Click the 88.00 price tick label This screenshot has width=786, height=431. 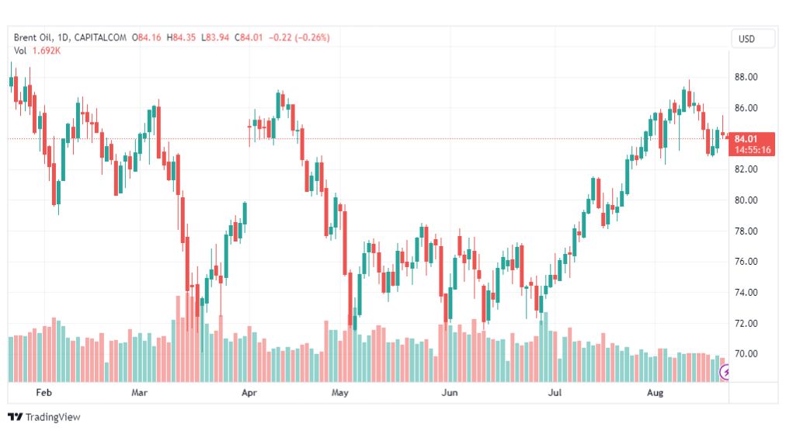[x=746, y=77]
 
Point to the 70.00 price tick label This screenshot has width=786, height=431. [x=746, y=354]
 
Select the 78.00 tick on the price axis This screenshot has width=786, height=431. [x=746, y=231]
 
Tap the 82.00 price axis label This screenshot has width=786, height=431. [x=746, y=169]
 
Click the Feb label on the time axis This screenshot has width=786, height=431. [x=44, y=393]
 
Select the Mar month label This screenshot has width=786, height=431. [x=140, y=393]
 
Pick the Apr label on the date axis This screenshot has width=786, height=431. [x=249, y=393]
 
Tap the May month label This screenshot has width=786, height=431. [x=339, y=393]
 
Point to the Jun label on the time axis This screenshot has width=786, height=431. [x=449, y=393]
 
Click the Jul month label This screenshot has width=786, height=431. [x=555, y=393]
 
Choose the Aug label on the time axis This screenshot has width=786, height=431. [x=656, y=393]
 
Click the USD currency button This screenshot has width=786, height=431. [x=746, y=39]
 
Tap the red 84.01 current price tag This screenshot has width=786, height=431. [x=746, y=139]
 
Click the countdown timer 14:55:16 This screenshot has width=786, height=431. [x=751, y=149]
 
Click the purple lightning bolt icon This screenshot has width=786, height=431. [x=726, y=373]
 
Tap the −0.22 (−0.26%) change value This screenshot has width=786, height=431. [x=300, y=37]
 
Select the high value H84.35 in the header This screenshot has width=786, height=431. [x=183, y=37]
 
